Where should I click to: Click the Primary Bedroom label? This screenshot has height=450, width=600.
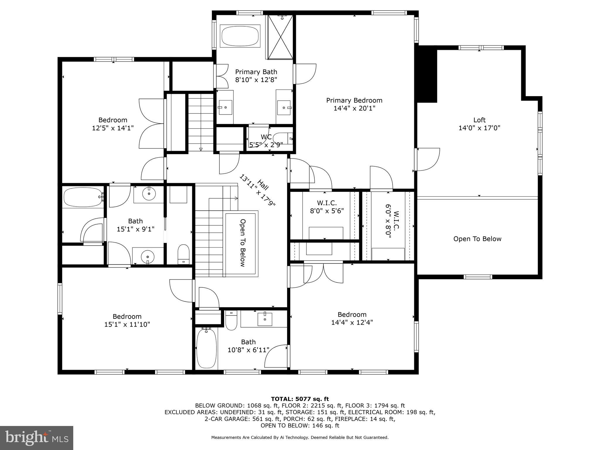[x=354, y=100]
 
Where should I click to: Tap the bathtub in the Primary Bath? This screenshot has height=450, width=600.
[x=240, y=36]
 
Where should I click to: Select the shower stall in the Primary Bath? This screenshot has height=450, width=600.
[x=281, y=37]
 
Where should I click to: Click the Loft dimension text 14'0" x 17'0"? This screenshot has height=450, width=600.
[x=479, y=128]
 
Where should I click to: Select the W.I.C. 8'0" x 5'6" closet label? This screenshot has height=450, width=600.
[x=327, y=207]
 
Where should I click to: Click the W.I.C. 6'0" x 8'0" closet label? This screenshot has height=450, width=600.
[x=392, y=225]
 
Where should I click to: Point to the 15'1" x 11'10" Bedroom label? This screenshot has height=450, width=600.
[x=127, y=321]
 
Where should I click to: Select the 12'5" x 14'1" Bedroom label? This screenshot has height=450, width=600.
[x=113, y=124]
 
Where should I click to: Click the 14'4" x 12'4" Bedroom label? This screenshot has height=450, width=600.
[x=352, y=318]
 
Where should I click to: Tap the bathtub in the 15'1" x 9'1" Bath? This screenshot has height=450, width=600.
[x=82, y=197]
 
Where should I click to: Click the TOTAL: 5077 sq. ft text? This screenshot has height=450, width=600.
[x=300, y=399]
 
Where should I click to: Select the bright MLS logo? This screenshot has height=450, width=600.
[x=37, y=438]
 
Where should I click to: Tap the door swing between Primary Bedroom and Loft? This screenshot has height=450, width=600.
[x=428, y=159]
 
